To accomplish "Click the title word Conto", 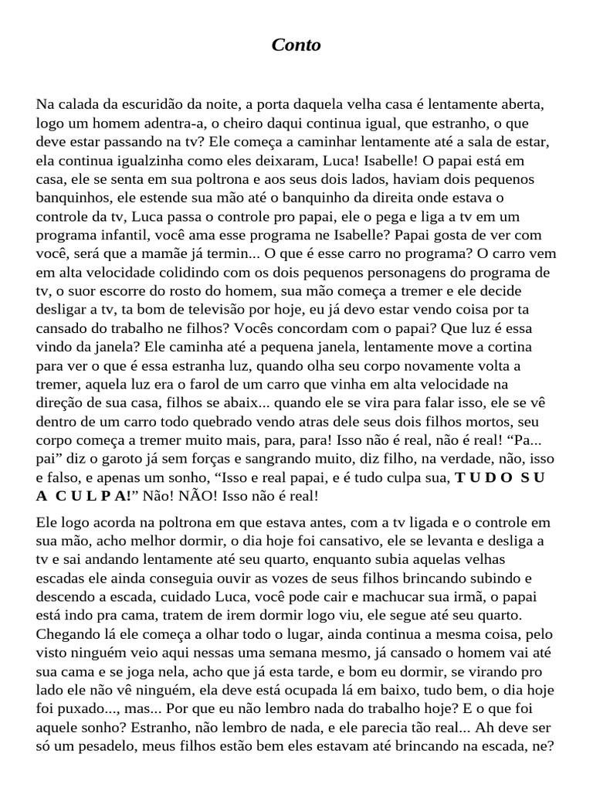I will pos(296,46).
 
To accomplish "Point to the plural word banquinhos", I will pos(67,198).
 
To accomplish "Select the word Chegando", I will pos(66,633).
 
